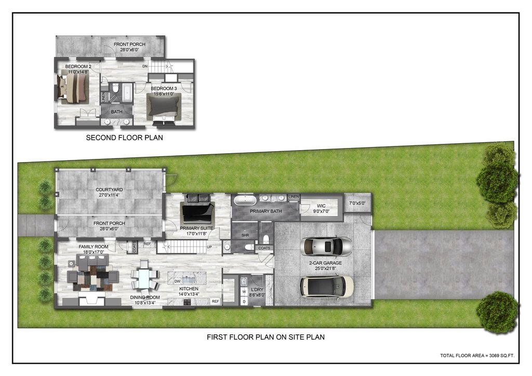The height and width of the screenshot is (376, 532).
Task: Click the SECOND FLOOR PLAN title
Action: [x=124, y=138]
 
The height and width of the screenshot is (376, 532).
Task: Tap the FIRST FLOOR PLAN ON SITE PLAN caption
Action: [x=265, y=337]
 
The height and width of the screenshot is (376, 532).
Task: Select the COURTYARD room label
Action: [x=109, y=190]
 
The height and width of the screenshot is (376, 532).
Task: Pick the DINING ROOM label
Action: [x=144, y=298]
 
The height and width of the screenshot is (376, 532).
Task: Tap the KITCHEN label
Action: [x=189, y=288]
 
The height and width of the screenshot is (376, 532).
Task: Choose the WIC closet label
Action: [x=317, y=205]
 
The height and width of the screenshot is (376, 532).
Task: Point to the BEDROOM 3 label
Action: [x=164, y=89]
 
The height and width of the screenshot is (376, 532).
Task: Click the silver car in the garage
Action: [x=327, y=246]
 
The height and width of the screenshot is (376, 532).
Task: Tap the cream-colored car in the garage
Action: [x=327, y=286]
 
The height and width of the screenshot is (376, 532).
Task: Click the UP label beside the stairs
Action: [x=209, y=247]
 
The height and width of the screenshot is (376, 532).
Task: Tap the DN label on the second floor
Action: [x=145, y=67]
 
